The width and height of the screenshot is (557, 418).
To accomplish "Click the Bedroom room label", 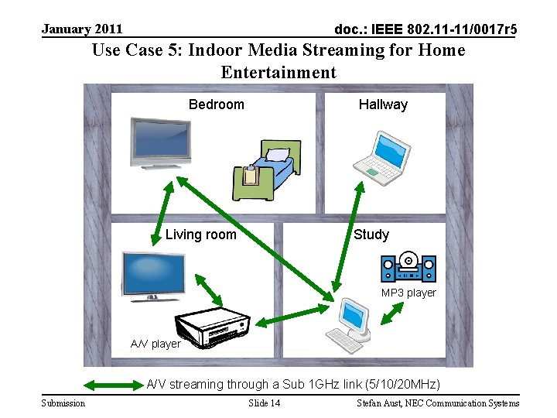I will [216, 104].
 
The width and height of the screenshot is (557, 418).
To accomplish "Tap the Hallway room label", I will [382, 104].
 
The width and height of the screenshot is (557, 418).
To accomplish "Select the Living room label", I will [200, 235].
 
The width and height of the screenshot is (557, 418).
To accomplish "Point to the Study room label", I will [371, 235].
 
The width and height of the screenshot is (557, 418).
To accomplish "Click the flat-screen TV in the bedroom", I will [160, 143].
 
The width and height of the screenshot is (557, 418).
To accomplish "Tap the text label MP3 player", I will [408, 293].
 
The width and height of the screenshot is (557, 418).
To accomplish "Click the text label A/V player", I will [155, 344].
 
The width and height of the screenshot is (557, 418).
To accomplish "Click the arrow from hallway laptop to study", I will [348, 235].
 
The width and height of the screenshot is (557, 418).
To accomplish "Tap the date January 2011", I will [82, 29].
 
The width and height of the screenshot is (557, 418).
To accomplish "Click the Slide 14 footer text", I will [265, 403].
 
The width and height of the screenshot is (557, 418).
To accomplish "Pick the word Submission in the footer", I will [63, 403].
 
